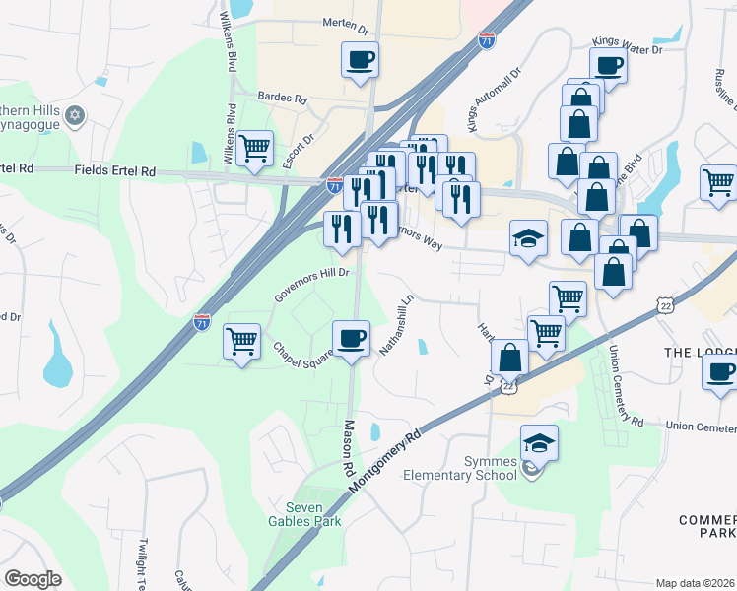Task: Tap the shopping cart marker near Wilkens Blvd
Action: pos(255,149)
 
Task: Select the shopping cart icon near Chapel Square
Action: pos(241,341)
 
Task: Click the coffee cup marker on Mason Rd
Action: pos(351,339)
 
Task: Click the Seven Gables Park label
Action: pos(306,513)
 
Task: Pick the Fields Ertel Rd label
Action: pos(115,170)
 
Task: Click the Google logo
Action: pos(33,579)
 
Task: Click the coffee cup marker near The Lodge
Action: pos(720,371)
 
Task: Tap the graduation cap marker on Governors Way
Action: pos(528,238)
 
